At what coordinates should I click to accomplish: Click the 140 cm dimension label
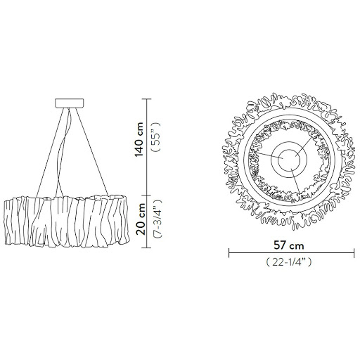[139, 139]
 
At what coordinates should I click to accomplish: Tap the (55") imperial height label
[157, 136]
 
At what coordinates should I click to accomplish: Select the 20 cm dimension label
[141, 219]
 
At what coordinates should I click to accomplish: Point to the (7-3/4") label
[157, 219]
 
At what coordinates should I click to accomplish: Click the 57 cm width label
[289, 245]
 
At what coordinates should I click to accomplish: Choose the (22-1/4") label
[289, 262]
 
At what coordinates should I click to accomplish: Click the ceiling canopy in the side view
[70, 103]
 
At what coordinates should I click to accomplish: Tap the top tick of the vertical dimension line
[147, 99]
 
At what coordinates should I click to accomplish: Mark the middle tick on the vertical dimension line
[147, 195]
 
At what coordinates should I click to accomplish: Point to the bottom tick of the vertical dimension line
[147, 247]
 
